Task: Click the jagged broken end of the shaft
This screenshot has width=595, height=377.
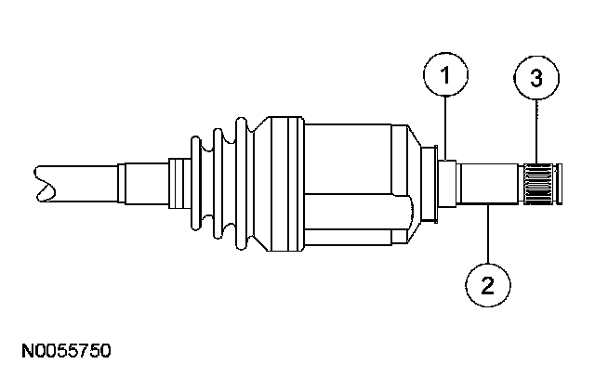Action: pyautogui.click(x=41, y=181)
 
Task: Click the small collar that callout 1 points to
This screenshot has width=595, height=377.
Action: pyautogui.click(x=445, y=182)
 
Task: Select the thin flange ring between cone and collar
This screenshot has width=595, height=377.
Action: pyautogui.click(x=429, y=182)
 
